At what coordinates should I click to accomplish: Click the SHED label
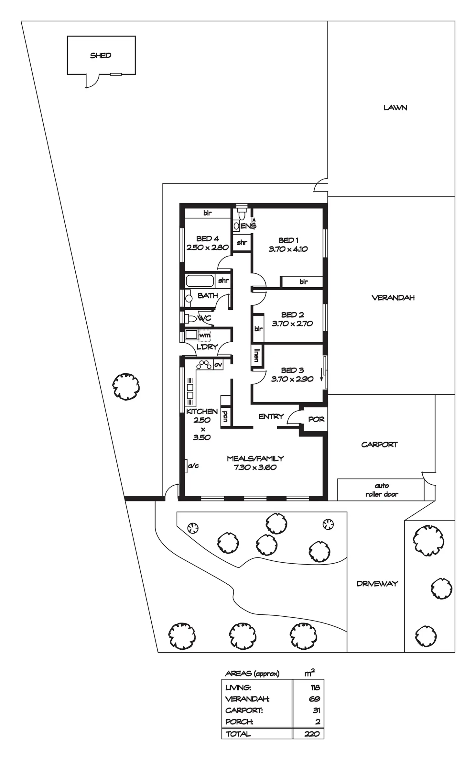click(x=101, y=55)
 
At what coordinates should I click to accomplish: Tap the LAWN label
click(x=395, y=108)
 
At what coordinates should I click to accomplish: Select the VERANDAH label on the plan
click(x=393, y=298)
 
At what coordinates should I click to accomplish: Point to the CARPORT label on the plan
click(x=379, y=445)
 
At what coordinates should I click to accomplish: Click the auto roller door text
click(x=382, y=490)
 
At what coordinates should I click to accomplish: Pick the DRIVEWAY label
click(x=377, y=584)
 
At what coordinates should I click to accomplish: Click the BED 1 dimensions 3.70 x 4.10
click(x=288, y=249)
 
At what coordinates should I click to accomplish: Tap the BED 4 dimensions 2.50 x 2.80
click(x=208, y=248)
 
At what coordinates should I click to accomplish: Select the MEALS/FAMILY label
click(x=255, y=458)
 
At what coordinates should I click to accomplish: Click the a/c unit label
click(x=193, y=466)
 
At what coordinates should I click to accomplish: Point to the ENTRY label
click(x=271, y=416)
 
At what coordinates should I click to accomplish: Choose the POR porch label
click(x=316, y=419)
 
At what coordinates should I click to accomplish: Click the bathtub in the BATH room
click(x=200, y=281)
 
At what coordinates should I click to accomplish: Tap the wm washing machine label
click(x=204, y=335)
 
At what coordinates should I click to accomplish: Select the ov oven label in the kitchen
click(x=218, y=365)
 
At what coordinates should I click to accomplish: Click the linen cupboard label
click(x=257, y=355)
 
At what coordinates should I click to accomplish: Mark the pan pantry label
click(x=225, y=416)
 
